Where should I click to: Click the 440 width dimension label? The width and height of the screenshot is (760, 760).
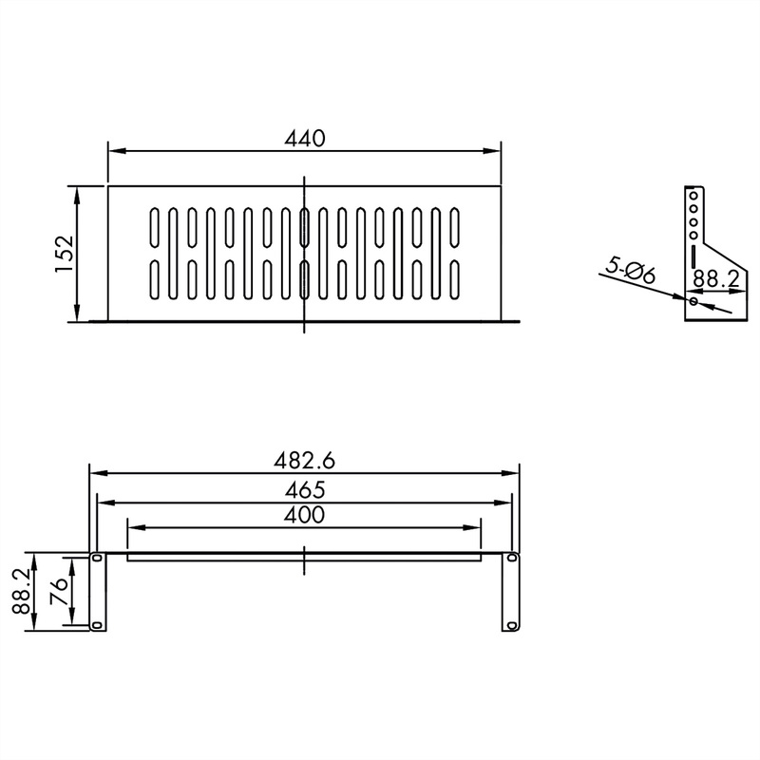click(305, 139)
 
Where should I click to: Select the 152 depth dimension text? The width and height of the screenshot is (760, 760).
click(65, 254)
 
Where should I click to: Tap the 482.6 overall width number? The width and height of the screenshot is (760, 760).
click(304, 461)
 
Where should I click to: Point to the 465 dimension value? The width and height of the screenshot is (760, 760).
click(305, 490)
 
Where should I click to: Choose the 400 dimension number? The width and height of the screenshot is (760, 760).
click(304, 515)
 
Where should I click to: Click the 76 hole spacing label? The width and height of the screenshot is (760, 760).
click(59, 591)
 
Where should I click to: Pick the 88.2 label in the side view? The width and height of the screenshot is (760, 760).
click(716, 279)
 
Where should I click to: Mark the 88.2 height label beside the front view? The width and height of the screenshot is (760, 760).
click(22, 591)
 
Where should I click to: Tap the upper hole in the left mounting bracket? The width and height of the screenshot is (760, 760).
click(97, 558)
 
